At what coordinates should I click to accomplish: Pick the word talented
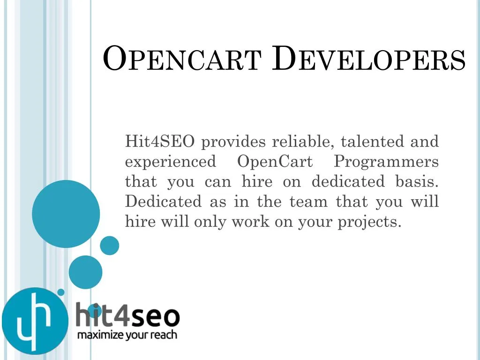pyautogui.click(x=373, y=141)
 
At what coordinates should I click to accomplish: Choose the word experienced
pyautogui.click(x=171, y=162)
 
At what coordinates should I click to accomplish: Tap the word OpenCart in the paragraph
pyautogui.click(x=275, y=162)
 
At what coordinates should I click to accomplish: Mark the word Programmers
pyautogui.click(x=386, y=162)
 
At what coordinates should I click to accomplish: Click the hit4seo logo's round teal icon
pyautogui.click(x=34, y=321)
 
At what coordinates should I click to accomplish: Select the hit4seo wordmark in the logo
pyautogui.click(x=127, y=315)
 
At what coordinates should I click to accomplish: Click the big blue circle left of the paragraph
pyautogui.click(x=66, y=214)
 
